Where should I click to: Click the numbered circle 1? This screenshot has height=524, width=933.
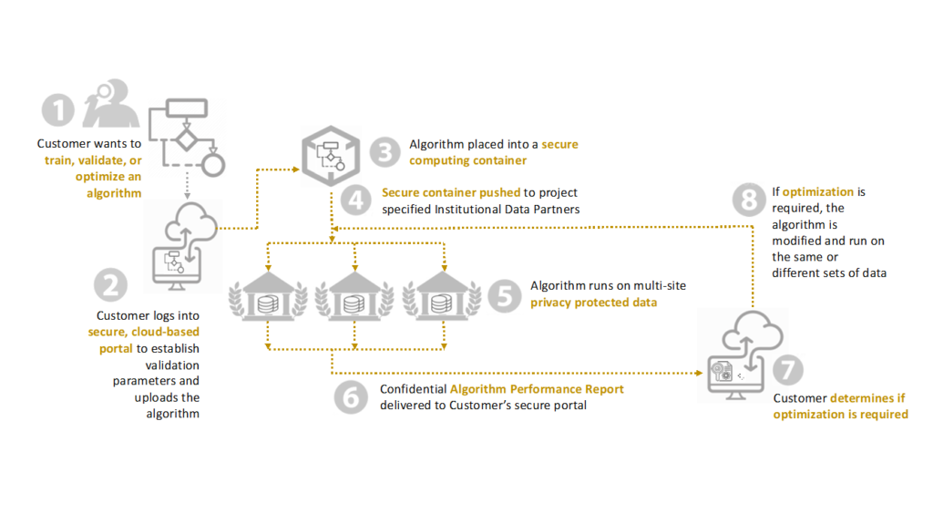(x=57, y=110)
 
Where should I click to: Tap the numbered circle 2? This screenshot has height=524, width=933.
(x=110, y=284)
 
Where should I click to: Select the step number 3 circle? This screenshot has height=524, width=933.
(x=385, y=152)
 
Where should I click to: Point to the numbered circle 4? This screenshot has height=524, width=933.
(x=356, y=200)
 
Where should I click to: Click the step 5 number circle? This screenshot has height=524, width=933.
(x=505, y=294)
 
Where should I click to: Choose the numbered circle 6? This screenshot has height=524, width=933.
(x=351, y=397)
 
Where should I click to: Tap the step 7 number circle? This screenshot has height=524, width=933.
(x=788, y=369)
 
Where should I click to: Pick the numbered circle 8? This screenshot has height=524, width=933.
(x=749, y=200)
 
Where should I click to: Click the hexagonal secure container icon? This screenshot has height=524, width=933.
(x=331, y=156)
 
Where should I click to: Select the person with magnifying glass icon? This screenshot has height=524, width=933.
(x=111, y=103)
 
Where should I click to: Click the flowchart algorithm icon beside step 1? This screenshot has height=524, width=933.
(x=187, y=138)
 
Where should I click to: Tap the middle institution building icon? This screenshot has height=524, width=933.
(x=354, y=296)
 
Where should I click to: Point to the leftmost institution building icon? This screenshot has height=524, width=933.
(x=269, y=296)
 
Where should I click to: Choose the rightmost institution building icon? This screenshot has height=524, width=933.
(x=442, y=296)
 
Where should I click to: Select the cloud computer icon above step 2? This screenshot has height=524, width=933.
(x=184, y=246)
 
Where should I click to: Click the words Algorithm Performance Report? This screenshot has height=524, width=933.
(x=537, y=389)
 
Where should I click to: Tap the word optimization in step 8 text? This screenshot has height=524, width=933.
(x=817, y=191)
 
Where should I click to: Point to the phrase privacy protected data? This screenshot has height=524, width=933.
(x=594, y=303)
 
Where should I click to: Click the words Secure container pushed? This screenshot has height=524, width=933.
(x=451, y=192)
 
